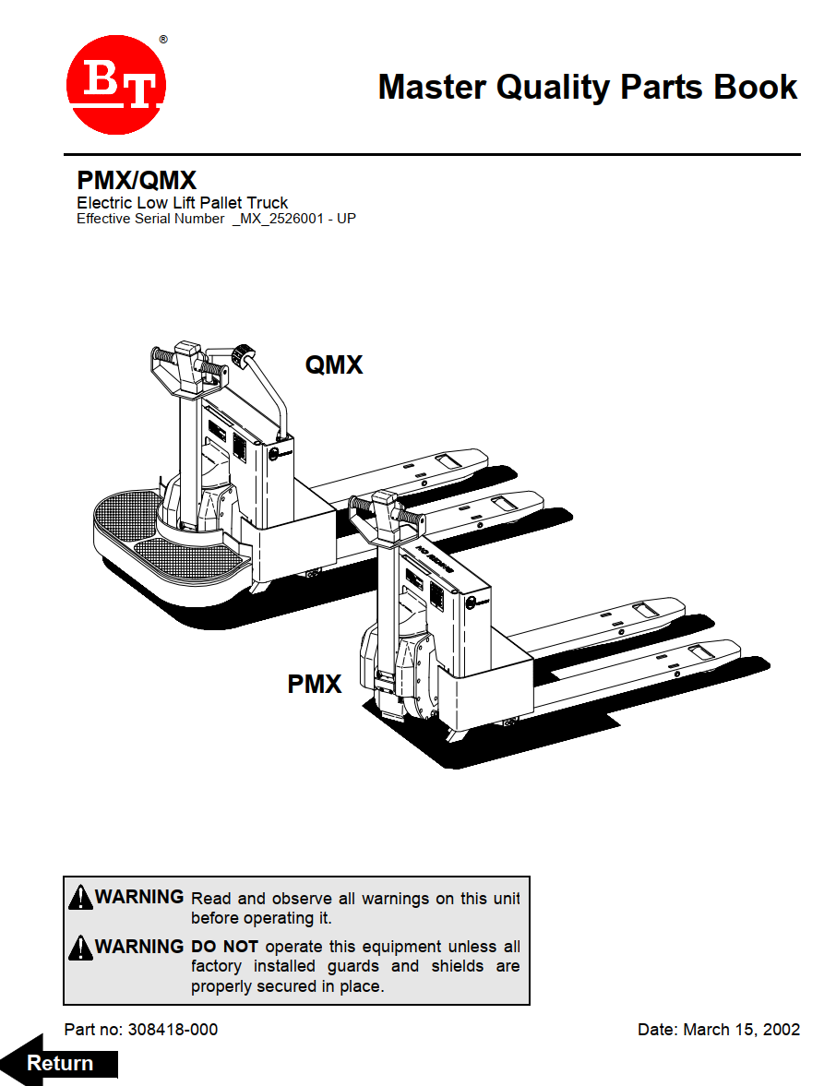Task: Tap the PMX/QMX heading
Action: point(137,180)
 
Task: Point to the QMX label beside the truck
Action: point(334,365)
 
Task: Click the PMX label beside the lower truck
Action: point(315,685)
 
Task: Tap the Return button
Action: point(61,1063)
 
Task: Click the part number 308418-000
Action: point(173,1029)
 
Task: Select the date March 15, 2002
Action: point(741,1029)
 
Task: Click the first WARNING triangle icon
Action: point(81,897)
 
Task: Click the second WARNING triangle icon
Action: point(81,947)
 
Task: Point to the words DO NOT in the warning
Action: point(224,947)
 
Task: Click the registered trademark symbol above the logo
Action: point(163,40)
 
